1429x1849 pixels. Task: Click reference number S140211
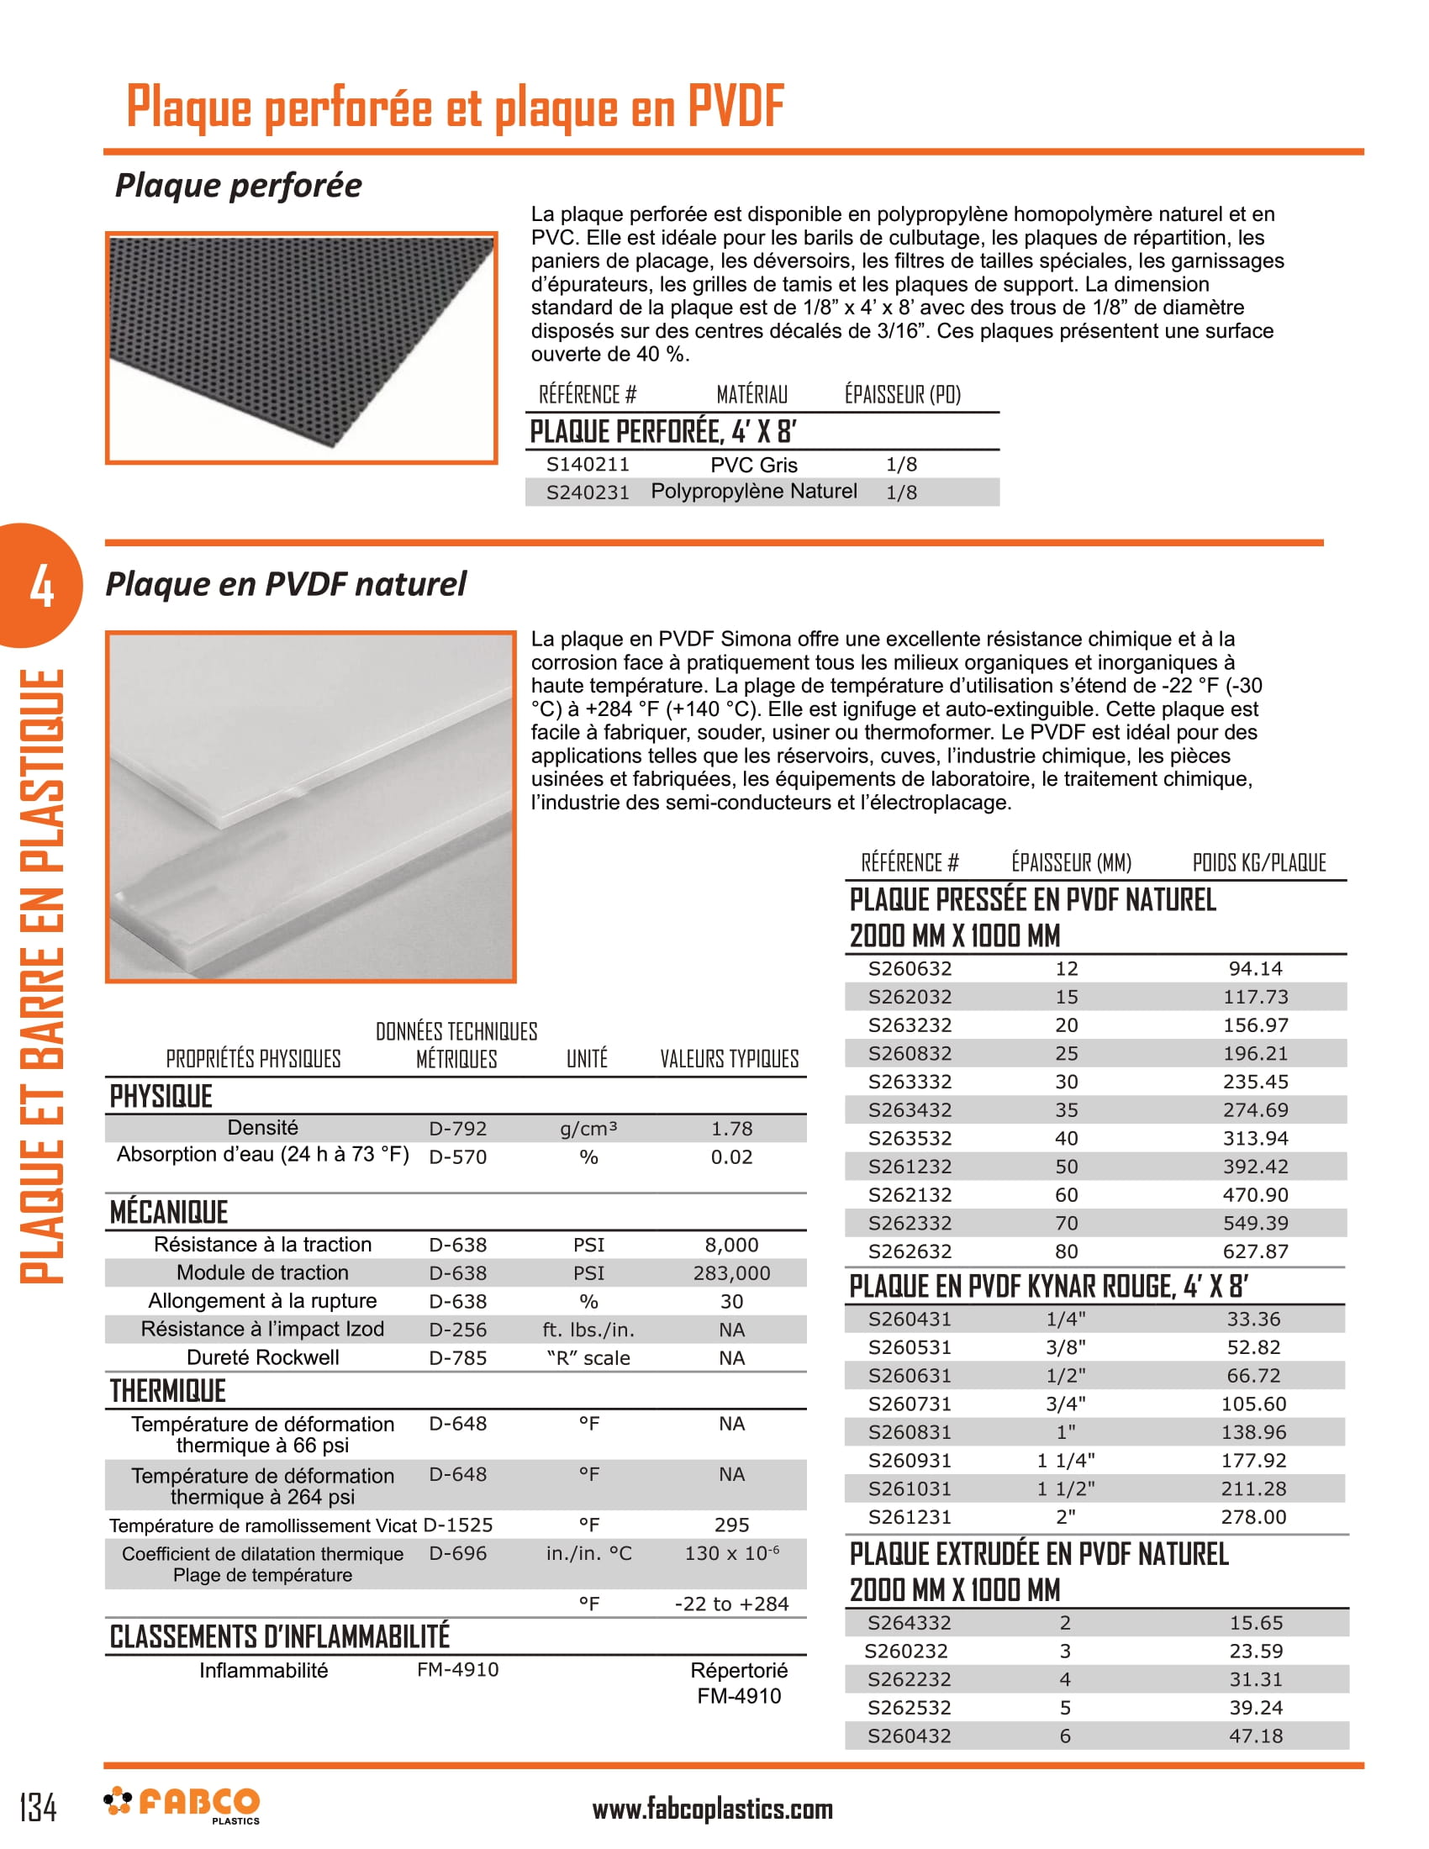coord(588,464)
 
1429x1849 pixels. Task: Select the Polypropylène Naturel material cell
coord(753,491)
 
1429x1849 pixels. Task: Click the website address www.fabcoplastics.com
coord(712,1809)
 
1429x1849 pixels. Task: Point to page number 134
coord(38,1807)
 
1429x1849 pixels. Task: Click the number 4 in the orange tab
coord(41,586)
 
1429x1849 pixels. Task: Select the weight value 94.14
coord(1256,968)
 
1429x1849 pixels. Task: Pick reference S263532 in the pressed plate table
coord(910,1138)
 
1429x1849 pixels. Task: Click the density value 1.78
coord(731,1129)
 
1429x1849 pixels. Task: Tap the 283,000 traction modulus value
coord(731,1272)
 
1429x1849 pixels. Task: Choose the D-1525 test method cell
coord(457,1525)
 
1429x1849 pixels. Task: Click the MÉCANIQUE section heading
coord(169,1212)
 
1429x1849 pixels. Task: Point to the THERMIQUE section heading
coord(167,1391)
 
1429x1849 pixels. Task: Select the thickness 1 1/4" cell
coord(1065,1461)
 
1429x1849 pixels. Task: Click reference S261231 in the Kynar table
coord(910,1517)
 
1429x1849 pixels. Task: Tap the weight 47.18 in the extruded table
coord(1256,1736)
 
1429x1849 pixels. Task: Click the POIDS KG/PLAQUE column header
coord(1259,862)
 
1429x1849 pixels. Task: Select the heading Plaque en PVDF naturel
coord(285,584)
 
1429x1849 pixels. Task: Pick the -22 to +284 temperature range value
coord(731,1604)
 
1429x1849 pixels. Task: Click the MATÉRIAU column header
coord(751,394)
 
